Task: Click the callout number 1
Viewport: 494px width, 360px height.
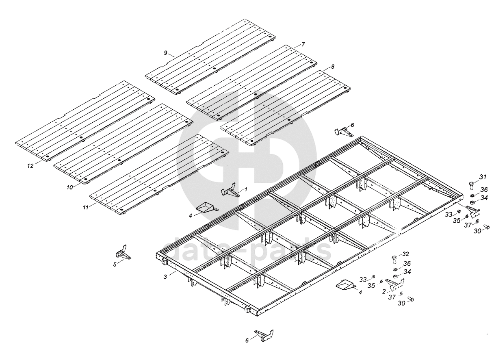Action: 246,189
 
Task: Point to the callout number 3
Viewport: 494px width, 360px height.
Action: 165,277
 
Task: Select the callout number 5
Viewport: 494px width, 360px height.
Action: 115,265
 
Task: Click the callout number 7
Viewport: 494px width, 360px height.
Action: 303,43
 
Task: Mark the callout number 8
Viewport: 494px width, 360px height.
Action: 333,66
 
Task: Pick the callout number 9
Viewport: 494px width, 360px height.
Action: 165,53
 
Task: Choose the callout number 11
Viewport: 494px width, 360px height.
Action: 85,207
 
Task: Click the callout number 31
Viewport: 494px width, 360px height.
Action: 483,177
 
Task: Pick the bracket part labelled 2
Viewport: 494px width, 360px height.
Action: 394,284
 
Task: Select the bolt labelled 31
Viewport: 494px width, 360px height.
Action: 471,185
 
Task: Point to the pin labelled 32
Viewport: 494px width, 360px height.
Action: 393,258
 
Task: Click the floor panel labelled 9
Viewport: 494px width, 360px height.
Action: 211,57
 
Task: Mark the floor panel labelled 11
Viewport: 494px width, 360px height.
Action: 158,175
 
